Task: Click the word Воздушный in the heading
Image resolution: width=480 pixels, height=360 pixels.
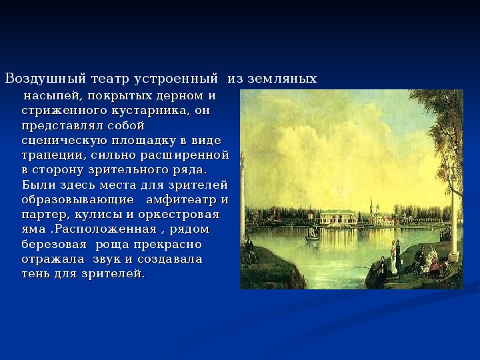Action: tap(45, 79)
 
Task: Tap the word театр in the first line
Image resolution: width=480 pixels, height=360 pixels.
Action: tap(110, 79)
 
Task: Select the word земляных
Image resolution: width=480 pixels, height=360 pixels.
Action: tap(282, 79)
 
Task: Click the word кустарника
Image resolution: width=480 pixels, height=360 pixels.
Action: tap(149, 111)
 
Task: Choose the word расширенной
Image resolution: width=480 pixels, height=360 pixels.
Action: tap(185, 155)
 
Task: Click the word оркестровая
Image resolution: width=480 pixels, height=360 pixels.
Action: tap(179, 215)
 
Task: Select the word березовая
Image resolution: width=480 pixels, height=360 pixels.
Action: tap(54, 244)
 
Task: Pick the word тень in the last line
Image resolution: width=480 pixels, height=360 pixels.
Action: tap(36, 274)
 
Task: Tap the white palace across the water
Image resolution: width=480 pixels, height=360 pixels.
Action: tap(339, 219)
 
